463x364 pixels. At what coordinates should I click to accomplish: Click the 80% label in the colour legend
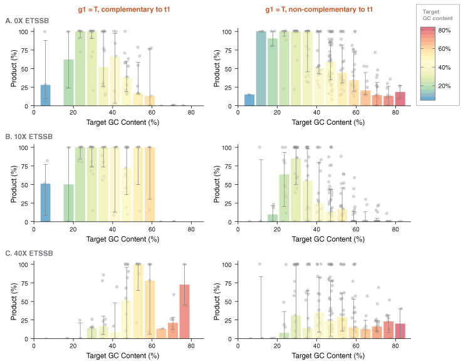coord(444,30)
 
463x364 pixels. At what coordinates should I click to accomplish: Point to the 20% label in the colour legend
coord(444,86)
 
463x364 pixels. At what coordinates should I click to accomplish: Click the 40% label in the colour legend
coord(444,67)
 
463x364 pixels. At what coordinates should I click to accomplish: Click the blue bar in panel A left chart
coord(45,95)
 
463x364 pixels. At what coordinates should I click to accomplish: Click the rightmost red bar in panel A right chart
coord(400,99)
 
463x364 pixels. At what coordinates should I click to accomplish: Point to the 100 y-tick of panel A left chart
coord(23,31)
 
